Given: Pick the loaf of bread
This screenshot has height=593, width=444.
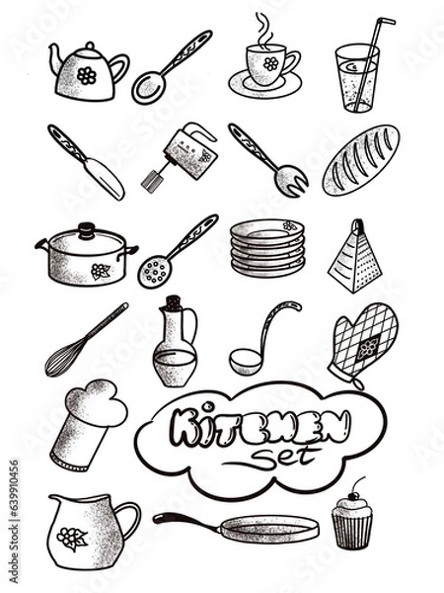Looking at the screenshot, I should point(360,158).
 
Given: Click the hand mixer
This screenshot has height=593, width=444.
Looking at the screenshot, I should point(186,155).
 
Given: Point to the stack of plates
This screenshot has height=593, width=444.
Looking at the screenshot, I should point(268,249).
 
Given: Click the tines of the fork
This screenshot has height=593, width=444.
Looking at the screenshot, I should point(291,181).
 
